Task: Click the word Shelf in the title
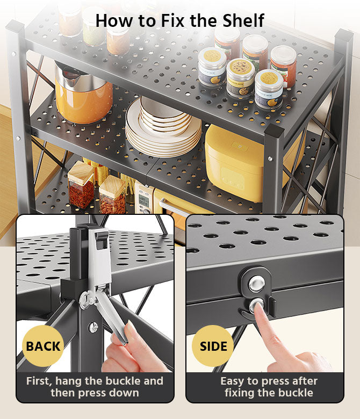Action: coord(243,20)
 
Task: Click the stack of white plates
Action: coord(163,127)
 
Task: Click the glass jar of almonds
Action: coord(113,195)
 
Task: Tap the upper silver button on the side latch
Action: coord(257,283)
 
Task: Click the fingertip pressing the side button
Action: coord(257,306)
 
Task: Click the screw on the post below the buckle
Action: coord(93,327)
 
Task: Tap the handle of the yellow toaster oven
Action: coord(174,208)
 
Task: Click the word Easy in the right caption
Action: coord(232,381)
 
